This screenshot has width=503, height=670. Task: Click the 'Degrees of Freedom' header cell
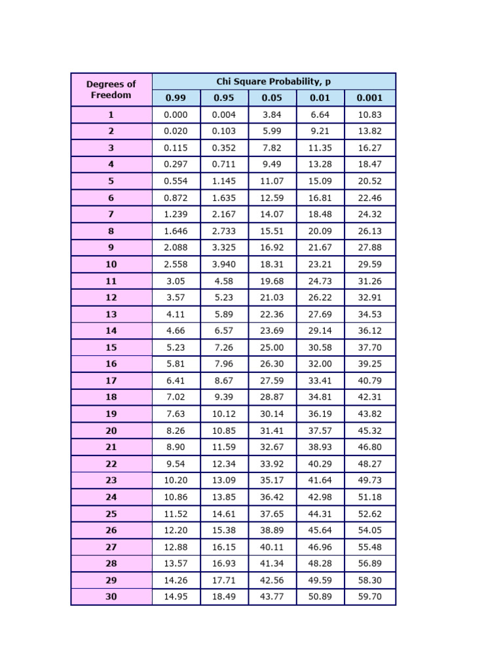(x=111, y=90)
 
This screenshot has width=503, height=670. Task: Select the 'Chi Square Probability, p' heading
(x=274, y=81)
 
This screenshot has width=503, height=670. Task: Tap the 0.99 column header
(x=176, y=98)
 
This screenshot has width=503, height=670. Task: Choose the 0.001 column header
(x=369, y=98)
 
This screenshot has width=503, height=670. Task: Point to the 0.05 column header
(x=272, y=98)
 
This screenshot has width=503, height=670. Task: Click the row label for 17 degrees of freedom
(x=111, y=381)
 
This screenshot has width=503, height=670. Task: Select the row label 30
(x=111, y=597)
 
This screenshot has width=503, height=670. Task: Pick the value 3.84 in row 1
(x=272, y=115)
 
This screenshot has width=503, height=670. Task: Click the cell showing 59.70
(x=369, y=597)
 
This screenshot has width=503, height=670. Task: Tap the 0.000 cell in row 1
(x=176, y=115)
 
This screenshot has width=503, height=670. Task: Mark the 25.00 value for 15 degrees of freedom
(x=272, y=347)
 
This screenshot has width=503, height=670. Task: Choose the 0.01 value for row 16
(x=320, y=364)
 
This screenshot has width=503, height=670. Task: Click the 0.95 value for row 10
(x=224, y=264)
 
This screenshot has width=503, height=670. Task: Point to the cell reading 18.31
(x=272, y=264)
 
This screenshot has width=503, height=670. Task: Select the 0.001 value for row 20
(x=369, y=431)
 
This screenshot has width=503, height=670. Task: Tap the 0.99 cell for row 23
(x=176, y=480)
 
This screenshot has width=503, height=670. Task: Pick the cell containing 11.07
(x=272, y=181)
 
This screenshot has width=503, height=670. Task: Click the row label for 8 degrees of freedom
(x=111, y=231)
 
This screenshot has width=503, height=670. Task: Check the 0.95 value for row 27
(x=224, y=547)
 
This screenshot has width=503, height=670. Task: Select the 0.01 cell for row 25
(x=320, y=514)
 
